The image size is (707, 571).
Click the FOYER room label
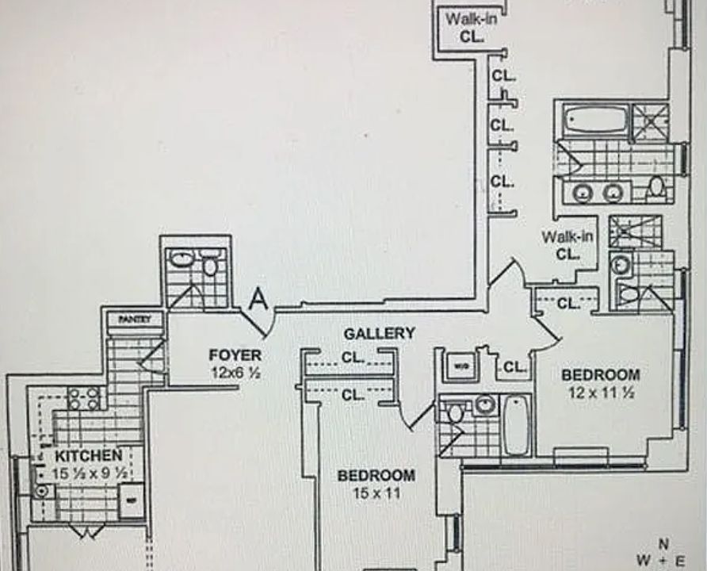(235, 354)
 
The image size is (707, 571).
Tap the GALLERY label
(378, 333)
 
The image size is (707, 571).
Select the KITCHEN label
(88, 455)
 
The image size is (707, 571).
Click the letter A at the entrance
(258, 300)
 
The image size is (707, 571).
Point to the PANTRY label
(134, 319)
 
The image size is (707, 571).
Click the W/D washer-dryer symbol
(459, 366)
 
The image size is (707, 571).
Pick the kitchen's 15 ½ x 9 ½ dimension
(89, 473)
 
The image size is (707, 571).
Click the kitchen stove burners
(83, 397)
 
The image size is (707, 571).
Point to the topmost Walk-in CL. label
(471, 27)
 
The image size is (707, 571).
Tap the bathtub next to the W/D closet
(516, 424)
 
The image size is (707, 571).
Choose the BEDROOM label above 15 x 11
(376, 475)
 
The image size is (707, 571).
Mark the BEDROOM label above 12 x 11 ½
(600, 374)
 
